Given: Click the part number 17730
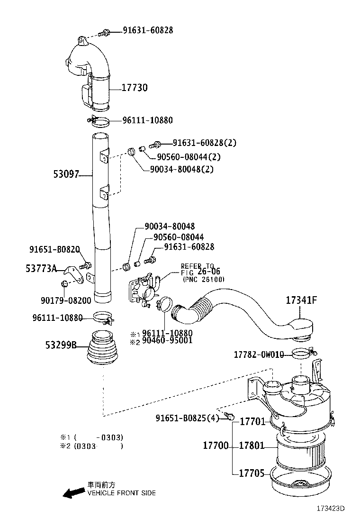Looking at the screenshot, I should pyautogui.click(x=135, y=88).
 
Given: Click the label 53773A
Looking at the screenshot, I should pyautogui.click(x=41, y=269).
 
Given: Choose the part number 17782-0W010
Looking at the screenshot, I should pyautogui.click(x=259, y=354).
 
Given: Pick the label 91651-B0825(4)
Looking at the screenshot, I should pyautogui.click(x=188, y=418).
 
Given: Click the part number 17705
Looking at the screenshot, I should pyautogui.click(x=254, y=473).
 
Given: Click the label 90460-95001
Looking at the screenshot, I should pyautogui.click(x=167, y=340).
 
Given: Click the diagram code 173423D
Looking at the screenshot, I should pyautogui.click(x=331, y=509).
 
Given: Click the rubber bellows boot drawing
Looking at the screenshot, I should pyautogui.click(x=102, y=350).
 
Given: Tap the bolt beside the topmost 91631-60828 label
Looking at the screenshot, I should pyautogui.click(x=105, y=32).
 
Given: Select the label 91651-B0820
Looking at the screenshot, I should pyautogui.click(x=54, y=249).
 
